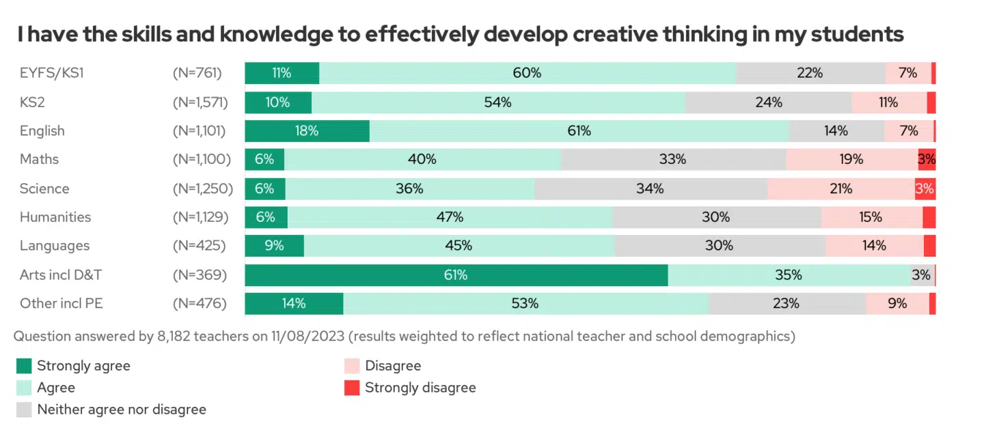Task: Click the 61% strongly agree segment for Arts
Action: click(x=456, y=275)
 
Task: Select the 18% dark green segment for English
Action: click(x=307, y=131)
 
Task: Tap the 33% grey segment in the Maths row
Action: click(x=673, y=160)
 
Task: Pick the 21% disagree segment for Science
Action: click(x=840, y=189)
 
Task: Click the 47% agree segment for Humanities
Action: click(x=450, y=218)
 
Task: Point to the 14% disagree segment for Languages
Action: click(x=874, y=246)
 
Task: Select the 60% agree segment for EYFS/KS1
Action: click(x=527, y=73)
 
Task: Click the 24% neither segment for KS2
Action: click(x=769, y=102)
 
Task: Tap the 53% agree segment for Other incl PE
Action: click(x=525, y=304)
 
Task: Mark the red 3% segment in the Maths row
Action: click(x=927, y=160)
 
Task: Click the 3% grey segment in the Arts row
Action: click(x=921, y=275)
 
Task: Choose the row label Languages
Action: click(x=55, y=246)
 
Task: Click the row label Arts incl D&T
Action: click(x=61, y=275)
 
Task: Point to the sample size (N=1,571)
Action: click(x=200, y=102)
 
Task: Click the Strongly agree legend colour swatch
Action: click(x=24, y=366)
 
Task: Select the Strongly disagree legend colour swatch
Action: click(x=352, y=388)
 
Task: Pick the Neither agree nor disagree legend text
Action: click(x=122, y=410)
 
